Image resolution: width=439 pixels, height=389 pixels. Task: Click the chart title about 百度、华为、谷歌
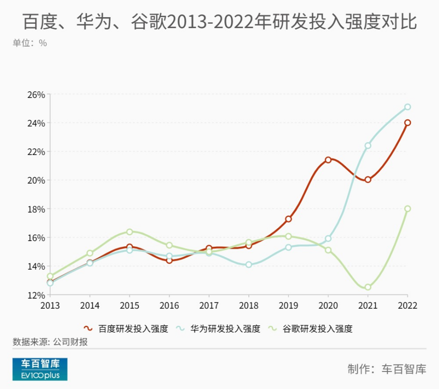[219, 21]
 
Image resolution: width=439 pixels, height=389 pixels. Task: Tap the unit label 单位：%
[29, 43]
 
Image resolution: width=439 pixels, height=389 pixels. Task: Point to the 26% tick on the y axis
[36, 95]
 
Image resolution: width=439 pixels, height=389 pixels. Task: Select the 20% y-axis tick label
[36, 180]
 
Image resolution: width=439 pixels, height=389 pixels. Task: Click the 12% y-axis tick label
[36, 295]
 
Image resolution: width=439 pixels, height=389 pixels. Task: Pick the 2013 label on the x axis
[50, 305]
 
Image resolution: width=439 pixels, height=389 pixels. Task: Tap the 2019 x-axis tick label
[288, 305]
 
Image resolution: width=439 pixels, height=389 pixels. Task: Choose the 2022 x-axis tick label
[407, 305]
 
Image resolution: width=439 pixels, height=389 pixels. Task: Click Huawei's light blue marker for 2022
[407, 107]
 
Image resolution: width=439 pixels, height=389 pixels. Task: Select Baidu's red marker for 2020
[328, 160]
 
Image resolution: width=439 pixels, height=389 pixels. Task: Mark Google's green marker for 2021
[368, 287]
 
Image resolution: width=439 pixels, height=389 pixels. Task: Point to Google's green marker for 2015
[129, 232]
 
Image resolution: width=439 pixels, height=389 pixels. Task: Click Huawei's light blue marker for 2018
[248, 264]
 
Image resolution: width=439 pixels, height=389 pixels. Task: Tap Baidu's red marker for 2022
[407, 123]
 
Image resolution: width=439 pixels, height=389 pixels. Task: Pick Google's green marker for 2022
[407, 209]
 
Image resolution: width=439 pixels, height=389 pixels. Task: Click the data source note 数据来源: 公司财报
[50, 342]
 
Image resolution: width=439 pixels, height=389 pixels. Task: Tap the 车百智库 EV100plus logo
[40, 370]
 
